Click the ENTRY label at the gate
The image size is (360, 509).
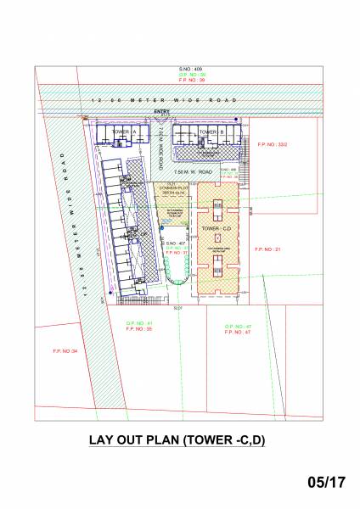coord(162,111)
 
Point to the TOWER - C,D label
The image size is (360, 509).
coord(212,231)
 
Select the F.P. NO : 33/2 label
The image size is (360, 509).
coord(272,145)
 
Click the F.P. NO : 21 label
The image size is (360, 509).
coord(272,249)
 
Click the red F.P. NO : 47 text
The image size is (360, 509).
coord(237,333)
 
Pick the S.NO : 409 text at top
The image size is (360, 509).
coord(185,68)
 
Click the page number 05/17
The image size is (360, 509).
coord(327,483)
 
